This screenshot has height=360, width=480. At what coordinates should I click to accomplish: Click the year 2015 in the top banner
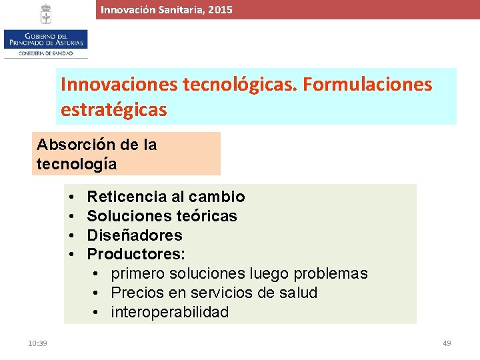(x=220, y=9)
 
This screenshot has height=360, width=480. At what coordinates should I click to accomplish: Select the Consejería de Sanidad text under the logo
(x=45, y=53)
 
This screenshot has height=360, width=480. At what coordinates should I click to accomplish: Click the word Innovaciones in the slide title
(x=118, y=85)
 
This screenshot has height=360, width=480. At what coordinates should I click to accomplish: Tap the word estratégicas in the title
(x=113, y=109)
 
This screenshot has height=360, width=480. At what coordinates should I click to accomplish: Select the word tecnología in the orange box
(x=77, y=164)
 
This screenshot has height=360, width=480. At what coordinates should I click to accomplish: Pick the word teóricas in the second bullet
(x=212, y=216)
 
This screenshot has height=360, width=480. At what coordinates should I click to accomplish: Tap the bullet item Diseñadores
(x=135, y=235)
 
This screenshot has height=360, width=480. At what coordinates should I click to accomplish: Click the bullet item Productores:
(x=136, y=254)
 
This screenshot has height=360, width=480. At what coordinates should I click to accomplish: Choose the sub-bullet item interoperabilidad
(x=169, y=312)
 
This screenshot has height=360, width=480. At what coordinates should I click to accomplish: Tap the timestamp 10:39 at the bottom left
(x=37, y=343)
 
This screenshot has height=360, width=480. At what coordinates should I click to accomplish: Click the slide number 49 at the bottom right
(x=447, y=343)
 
